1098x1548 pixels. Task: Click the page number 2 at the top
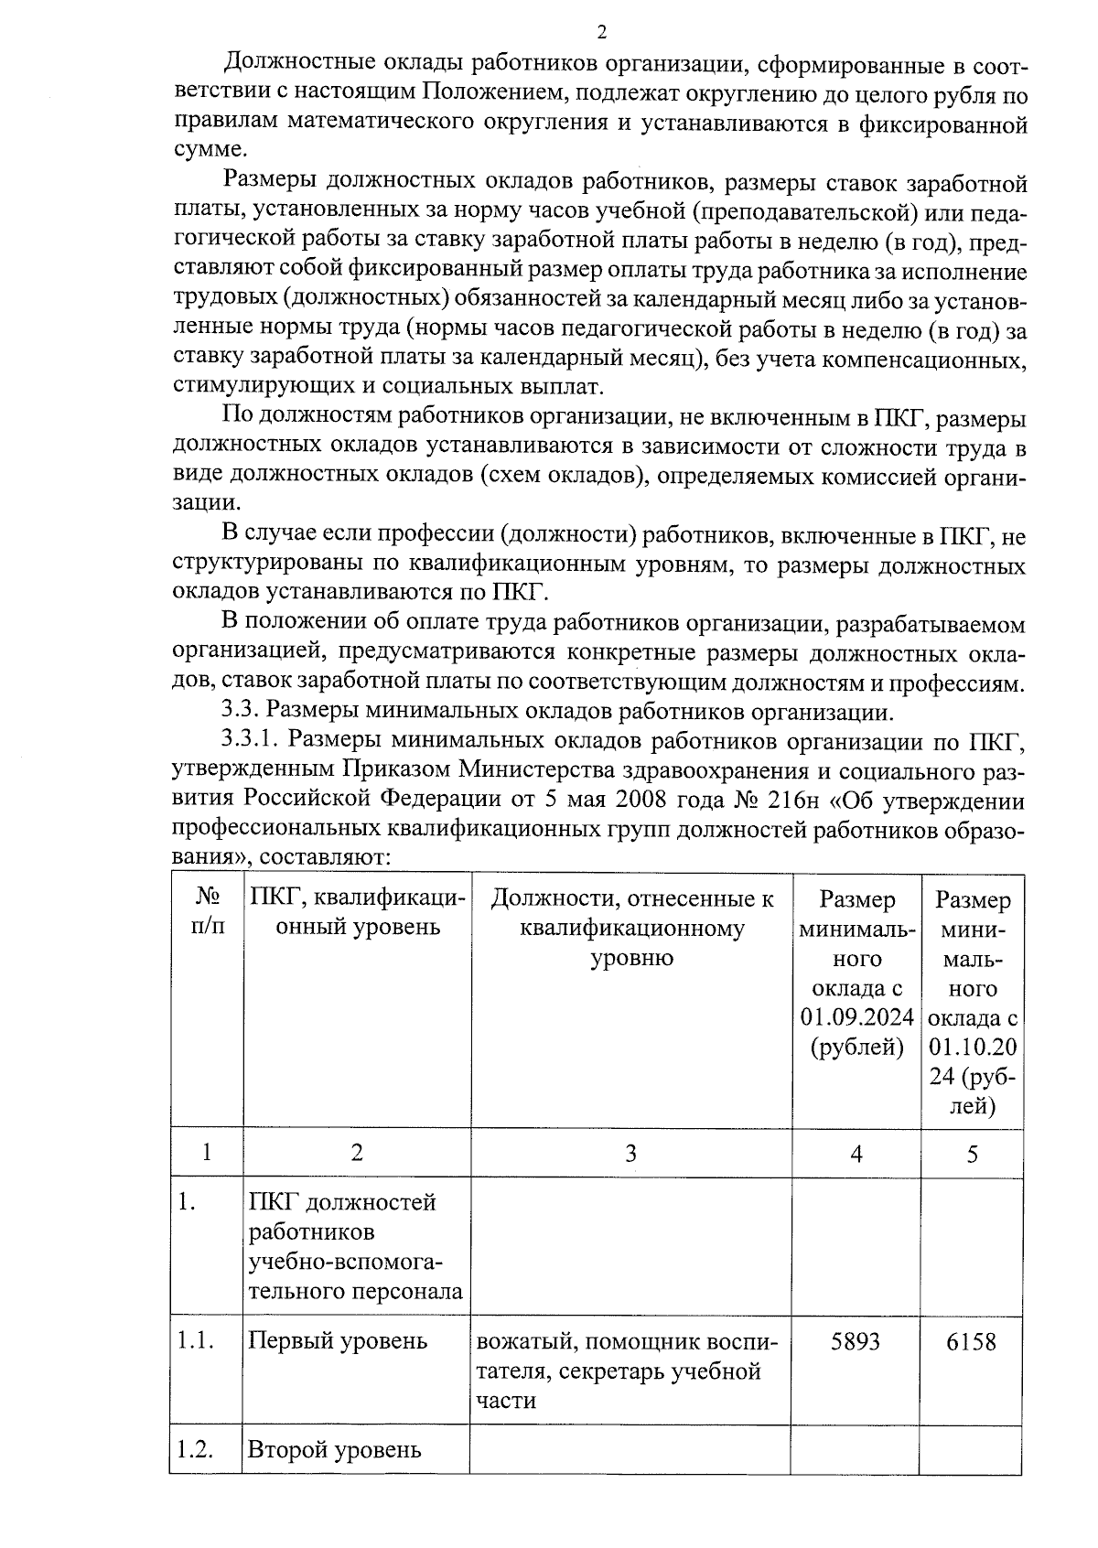coord(601,34)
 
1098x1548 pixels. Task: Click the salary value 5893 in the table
coord(855,1341)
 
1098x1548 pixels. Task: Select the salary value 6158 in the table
coord(971,1342)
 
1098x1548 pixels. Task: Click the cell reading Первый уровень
coord(338,1341)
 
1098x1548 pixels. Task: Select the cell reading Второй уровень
coord(335,1450)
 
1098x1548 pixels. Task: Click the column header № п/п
coord(207,912)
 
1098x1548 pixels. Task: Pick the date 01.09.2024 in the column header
coord(856,1017)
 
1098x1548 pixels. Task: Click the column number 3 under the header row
coord(630,1154)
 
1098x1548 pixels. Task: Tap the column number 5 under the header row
coord(972,1154)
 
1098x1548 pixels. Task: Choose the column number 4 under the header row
coord(856,1154)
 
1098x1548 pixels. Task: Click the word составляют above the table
coord(325,857)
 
